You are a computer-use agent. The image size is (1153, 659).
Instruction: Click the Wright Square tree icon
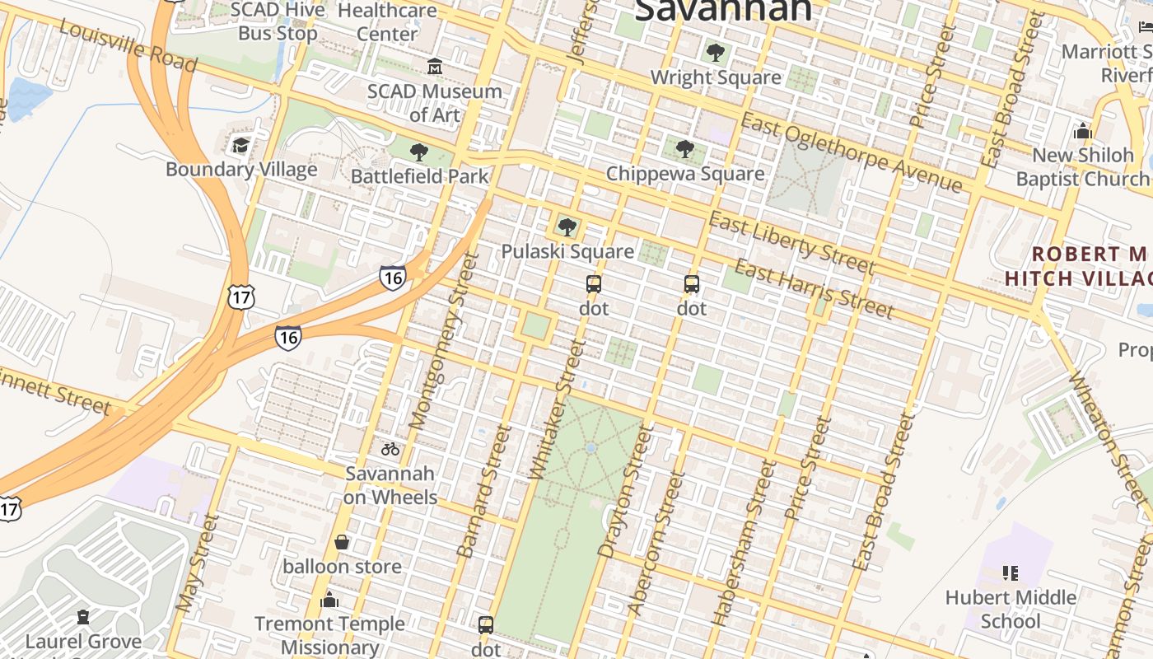716,54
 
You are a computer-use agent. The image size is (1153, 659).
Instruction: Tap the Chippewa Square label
684,174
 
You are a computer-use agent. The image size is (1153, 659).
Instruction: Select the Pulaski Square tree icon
567,227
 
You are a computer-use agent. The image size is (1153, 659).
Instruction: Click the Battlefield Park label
419,176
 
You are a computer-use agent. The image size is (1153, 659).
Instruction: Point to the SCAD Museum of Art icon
435,66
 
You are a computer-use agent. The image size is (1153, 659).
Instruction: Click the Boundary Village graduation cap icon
240,146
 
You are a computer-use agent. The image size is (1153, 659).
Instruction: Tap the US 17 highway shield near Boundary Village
242,297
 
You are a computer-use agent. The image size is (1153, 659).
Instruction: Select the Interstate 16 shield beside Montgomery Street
393,278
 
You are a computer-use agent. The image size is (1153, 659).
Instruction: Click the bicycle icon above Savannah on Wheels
390,449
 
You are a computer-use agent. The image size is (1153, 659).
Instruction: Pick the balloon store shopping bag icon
342,542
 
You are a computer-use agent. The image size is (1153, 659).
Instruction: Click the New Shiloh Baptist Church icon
1083,131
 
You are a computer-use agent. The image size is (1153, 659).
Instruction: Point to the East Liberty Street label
791,243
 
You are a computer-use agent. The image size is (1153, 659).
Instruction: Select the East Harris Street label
813,289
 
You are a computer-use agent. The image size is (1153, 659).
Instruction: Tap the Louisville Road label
128,45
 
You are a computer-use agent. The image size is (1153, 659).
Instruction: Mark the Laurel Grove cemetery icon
83,617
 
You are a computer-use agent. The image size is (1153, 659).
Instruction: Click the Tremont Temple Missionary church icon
329,600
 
